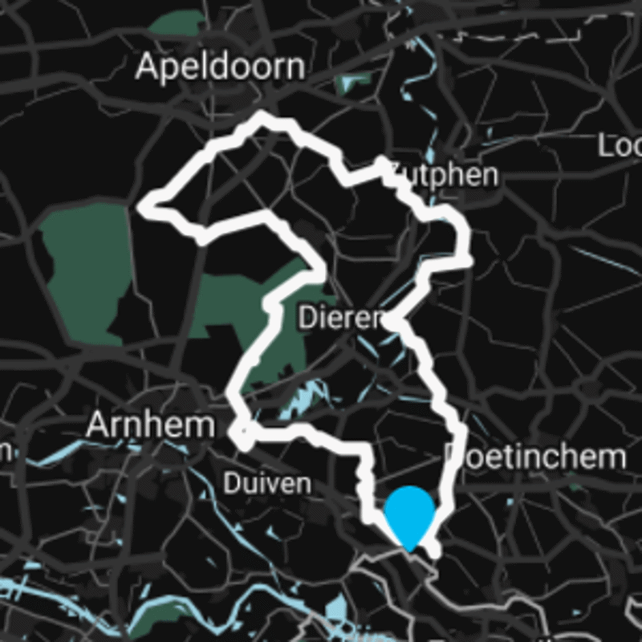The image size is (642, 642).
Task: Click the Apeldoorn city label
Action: click(x=221, y=67)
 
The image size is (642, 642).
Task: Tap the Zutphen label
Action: click(x=444, y=175)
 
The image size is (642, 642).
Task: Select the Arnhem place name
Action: click(x=150, y=425)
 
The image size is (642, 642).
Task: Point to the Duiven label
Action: click(x=266, y=484)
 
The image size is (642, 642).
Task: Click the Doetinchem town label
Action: click(x=536, y=457)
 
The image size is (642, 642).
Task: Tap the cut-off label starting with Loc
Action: click(x=620, y=146)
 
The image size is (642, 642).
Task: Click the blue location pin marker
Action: click(x=409, y=514)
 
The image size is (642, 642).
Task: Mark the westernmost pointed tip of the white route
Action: click(x=143, y=207)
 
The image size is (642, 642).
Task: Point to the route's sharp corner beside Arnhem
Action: click(x=239, y=437)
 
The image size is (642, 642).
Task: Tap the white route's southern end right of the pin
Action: click(x=435, y=553)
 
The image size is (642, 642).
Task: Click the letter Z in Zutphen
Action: click(x=397, y=175)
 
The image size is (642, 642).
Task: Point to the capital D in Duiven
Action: click(x=230, y=484)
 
